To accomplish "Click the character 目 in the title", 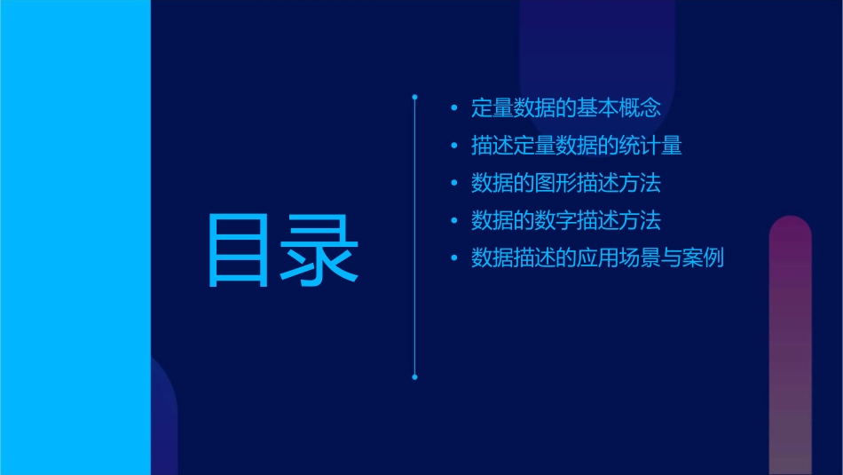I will pos(237,250).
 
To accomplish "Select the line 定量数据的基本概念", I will pos(566,108).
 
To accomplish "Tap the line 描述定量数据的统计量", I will pos(577,146).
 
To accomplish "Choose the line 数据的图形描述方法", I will pos(566,184).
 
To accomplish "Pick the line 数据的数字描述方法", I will pos(566,220).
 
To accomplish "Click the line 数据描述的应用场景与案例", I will pos(598,258).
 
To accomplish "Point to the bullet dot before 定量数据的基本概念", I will pos(454,109).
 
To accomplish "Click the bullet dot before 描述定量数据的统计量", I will pos(454,146).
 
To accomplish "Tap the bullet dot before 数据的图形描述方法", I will pos(454,184).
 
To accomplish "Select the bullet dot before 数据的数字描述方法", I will pos(454,221).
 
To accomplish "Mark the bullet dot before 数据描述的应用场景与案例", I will pos(454,258).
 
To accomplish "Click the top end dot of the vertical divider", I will pos(414,95).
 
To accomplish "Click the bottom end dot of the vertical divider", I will pos(414,377).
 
